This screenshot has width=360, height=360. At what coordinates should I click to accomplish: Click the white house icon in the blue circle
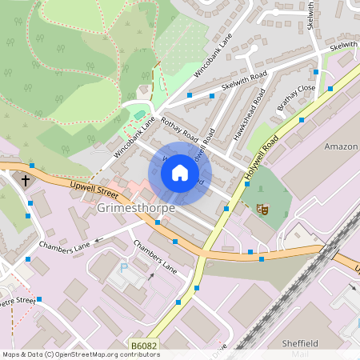180,173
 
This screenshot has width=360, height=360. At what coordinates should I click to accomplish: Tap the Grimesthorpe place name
136,208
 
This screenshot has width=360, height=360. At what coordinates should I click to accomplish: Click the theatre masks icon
261,209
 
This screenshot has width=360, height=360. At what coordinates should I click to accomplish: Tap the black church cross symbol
25,181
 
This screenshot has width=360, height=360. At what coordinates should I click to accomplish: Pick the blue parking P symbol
122,268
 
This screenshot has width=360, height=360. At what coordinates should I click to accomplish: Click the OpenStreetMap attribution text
81,354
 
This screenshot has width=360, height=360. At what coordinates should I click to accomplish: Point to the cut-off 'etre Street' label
18,300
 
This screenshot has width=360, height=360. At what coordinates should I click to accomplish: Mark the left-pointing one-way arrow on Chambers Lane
99,238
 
